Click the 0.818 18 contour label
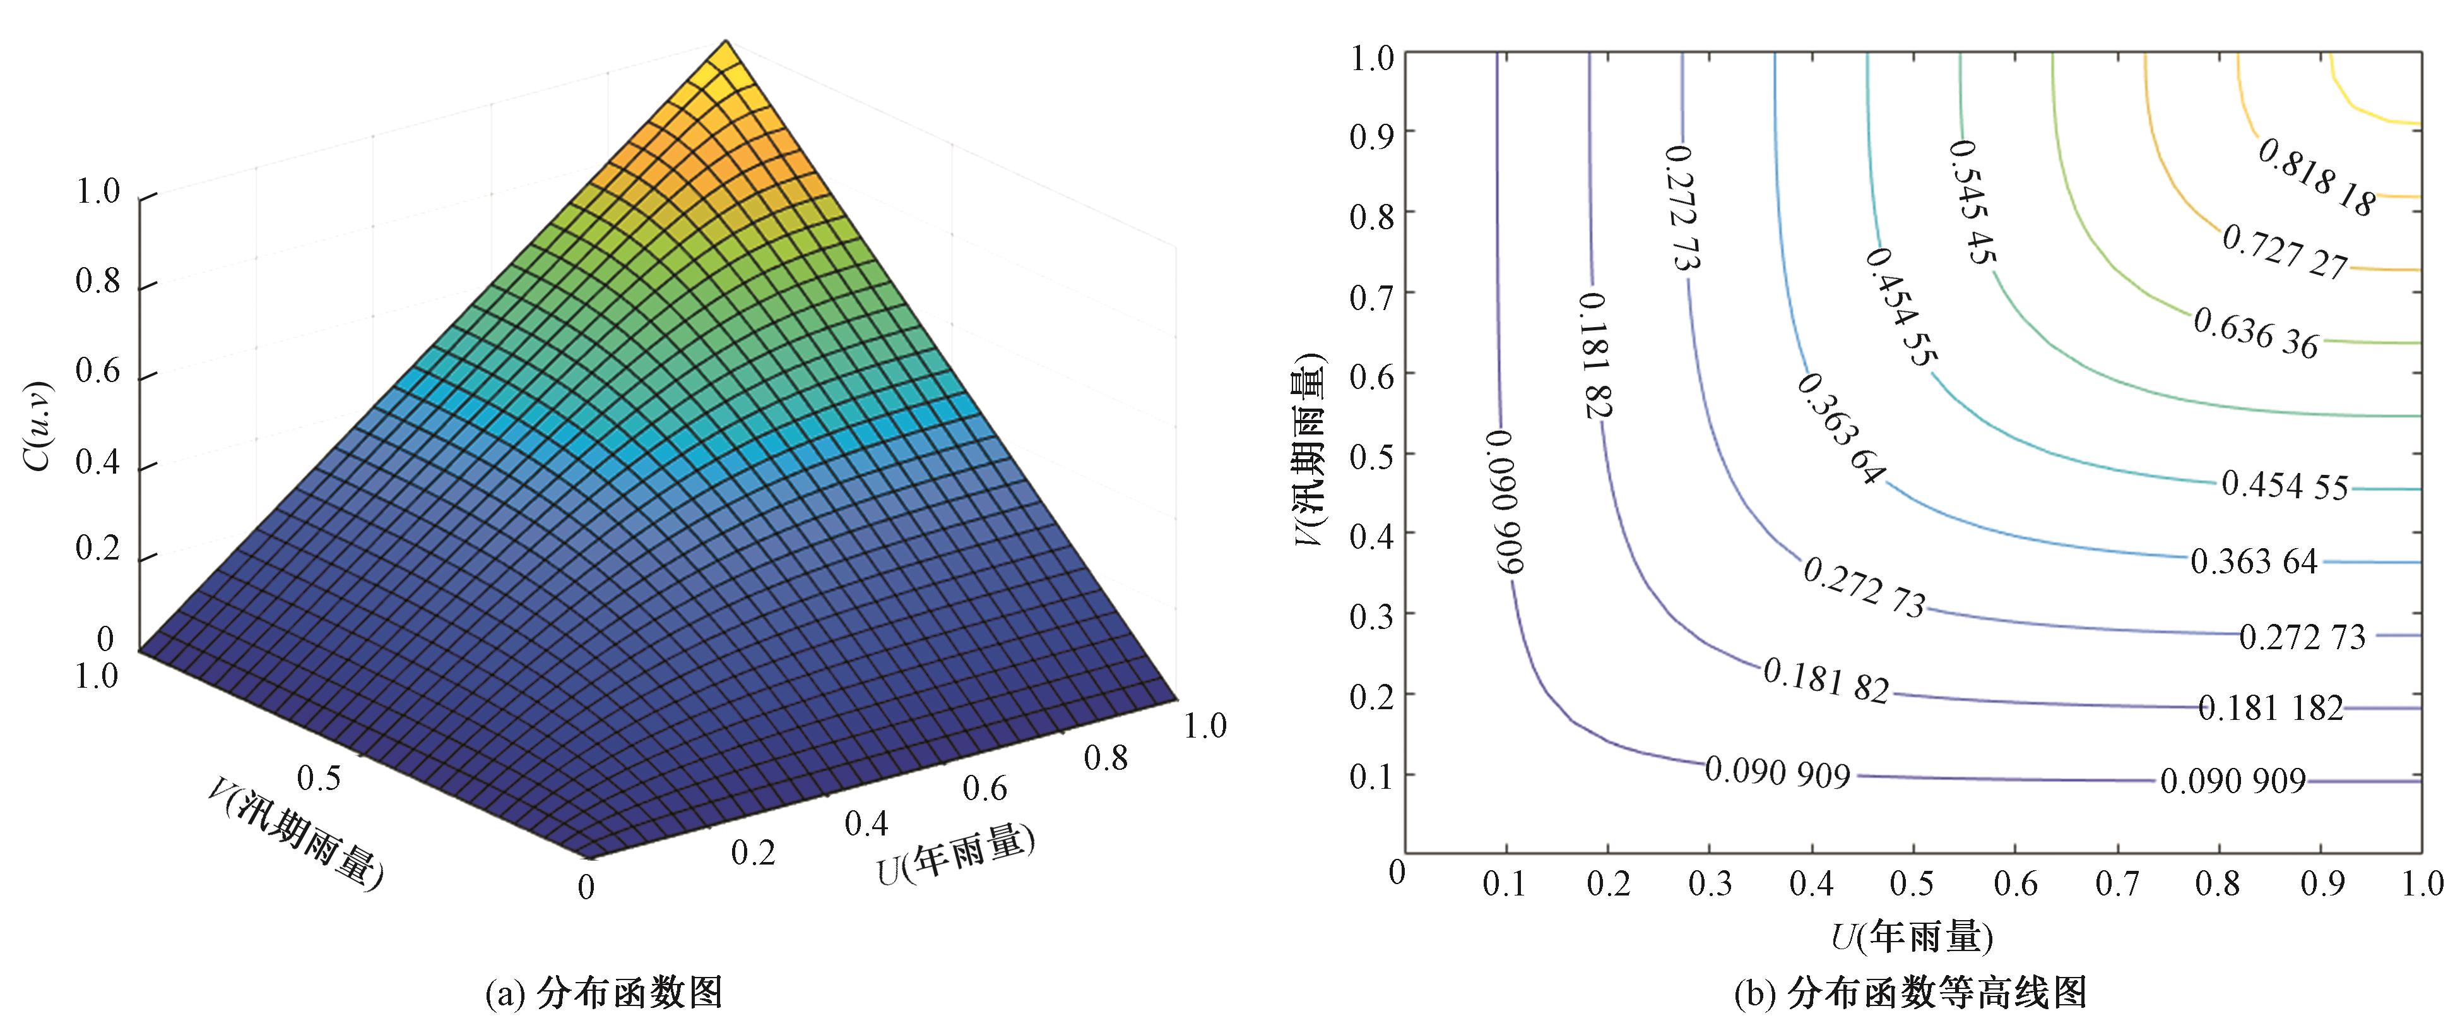(x=2316, y=177)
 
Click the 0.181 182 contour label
(x=2270, y=708)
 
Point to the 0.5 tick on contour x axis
(x=1912, y=884)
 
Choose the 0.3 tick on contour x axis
(x=1710, y=884)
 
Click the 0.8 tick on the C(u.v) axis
(x=97, y=282)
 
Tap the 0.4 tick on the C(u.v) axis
(x=97, y=462)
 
